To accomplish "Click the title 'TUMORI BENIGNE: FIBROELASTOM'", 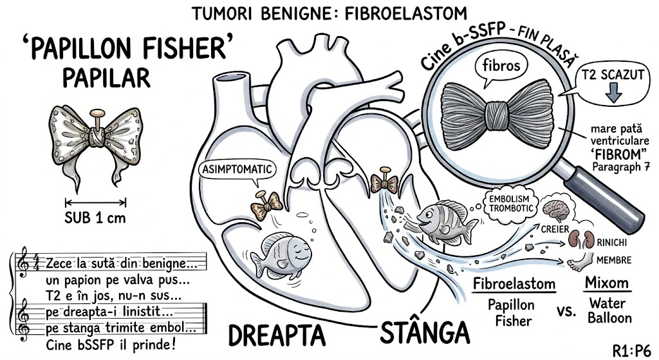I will pos(329,13).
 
